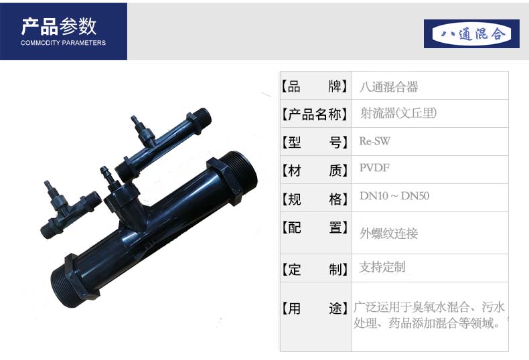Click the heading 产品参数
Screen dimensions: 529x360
pyautogui.click(x=59, y=27)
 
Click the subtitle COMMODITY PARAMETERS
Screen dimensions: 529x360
pyautogui.click(x=63, y=43)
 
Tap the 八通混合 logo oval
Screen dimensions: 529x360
pyautogui.click(x=471, y=33)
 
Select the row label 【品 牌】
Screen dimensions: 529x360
pyautogui.click(x=315, y=86)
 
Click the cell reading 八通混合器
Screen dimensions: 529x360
pyautogui.click(x=389, y=87)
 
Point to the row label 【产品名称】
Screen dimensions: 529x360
pyautogui.click(x=315, y=114)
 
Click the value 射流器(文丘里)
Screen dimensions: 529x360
pyautogui.click(x=398, y=113)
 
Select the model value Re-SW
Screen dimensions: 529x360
pyautogui.click(x=374, y=141)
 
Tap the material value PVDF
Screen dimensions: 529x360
pyautogui.click(x=374, y=167)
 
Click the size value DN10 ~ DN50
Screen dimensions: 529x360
pyautogui.click(x=394, y=196)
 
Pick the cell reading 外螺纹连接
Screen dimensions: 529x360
pyautogui.click(x=388, y=234)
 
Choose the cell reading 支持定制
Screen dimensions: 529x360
pyautogui.click(x=382, y=267)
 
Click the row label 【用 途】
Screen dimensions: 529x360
pyautogui.click(x=315, y=308)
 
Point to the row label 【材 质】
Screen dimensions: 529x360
pyautogui.click(x=315, y=171)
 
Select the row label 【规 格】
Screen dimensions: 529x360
pyautogui.click(x=315, y=199)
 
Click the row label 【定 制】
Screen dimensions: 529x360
pyautogui.click(x=315, y=269)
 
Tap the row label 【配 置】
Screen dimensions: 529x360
pyautogui.click(x=315, y=228)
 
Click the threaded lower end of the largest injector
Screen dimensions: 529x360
pyautogui.click(x=66, y=286)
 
